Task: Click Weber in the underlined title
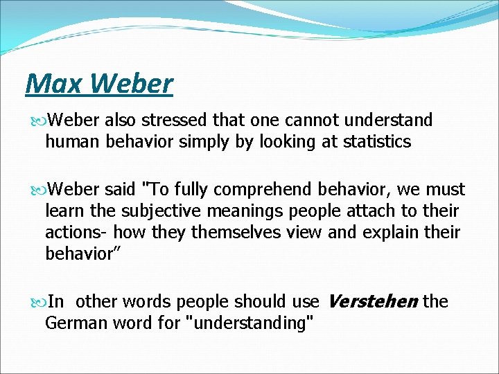[x=131, y=84]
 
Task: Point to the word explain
[x=367, y=232]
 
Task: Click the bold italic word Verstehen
[x=371, y=301]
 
